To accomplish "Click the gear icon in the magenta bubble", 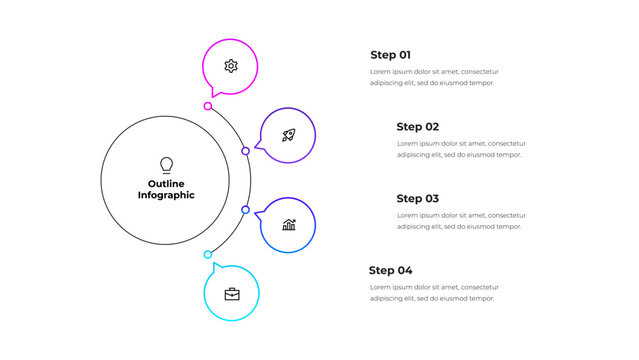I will [231, 66].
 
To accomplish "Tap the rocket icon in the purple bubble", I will [288, 135].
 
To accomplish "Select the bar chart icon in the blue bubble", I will [288, 225].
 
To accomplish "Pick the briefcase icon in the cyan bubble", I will [232, 294].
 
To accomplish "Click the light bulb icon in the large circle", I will [166, 165].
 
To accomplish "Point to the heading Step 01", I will [390, 55].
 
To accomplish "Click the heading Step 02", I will [417, 127].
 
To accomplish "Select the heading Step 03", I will [417, 199].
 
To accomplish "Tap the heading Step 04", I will [390, 270].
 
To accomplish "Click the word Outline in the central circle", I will [166, 184].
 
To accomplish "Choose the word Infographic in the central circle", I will [166, 196].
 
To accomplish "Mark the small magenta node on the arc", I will [208, 106].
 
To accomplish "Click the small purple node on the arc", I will [245, 151].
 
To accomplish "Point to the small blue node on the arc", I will [245, 210].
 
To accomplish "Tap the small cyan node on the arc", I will [208, 254].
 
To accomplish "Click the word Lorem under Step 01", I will [381, 72].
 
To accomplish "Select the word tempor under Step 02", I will [509, 155].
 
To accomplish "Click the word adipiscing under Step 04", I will [390, 298].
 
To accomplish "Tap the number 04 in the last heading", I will [404, 270].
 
